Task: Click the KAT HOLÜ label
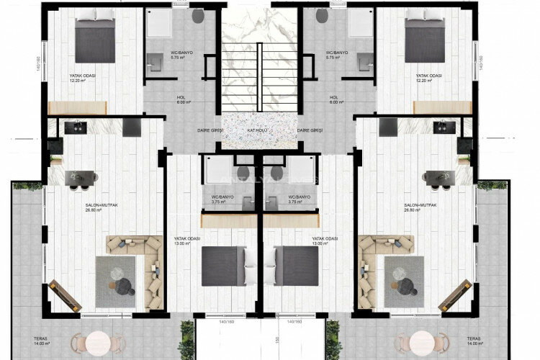(x=259, y=130)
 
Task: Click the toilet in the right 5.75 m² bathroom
(x=322, y=15)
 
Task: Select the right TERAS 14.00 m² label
(x=473, y=341)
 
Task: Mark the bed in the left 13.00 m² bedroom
(x=223, y=266)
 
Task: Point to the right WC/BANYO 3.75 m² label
(x=300, y=199)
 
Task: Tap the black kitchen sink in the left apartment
(x=75, y=127)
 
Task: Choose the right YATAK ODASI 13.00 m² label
(x=324, y=240)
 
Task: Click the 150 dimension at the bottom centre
(x=276, y=340)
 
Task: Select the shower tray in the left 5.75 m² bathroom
(x=158, y=23)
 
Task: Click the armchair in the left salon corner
(x=64, y=296)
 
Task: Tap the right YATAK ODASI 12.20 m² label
(x=424, y=78)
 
